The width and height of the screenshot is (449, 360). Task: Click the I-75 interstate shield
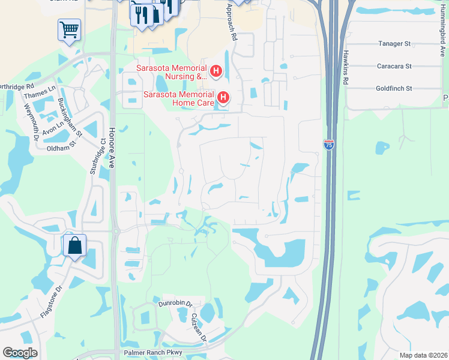pos(328,144)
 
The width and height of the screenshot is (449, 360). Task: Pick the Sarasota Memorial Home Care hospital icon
pos(223,97)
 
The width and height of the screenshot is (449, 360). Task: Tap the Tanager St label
pos(394,44)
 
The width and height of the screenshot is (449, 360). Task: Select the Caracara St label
pos(394,66)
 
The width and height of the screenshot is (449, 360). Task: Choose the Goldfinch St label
pos(394,88)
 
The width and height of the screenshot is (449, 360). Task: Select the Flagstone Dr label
pos(52,301)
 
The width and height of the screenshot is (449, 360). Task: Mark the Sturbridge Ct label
pos(98,156)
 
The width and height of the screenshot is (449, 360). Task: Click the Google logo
pos(20,353)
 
